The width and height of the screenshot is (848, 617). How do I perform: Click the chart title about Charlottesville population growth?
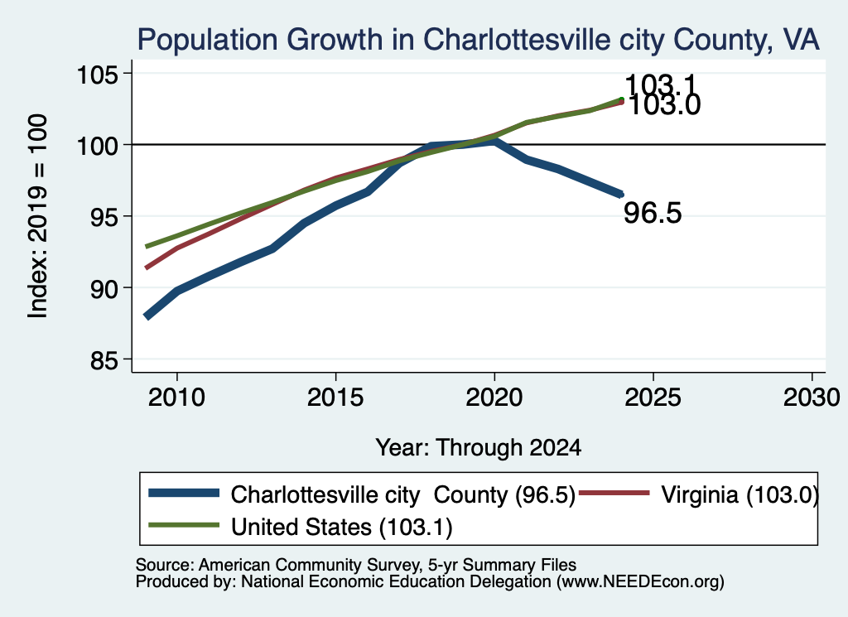pos(478,40)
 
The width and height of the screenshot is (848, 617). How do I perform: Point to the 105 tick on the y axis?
pos(98,74)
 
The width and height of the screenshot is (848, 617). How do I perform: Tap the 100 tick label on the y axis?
pos(98,146)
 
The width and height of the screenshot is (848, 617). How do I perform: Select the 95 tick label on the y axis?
pos(104,217)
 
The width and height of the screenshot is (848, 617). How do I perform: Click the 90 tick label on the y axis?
pos(104,289)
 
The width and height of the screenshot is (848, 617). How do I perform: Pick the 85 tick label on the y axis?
pos(104,360)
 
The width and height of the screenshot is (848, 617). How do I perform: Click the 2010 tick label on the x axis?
pos(177,398)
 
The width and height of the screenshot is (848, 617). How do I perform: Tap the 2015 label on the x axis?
pos(335,398)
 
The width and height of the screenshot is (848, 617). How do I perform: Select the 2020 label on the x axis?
pos(494,398)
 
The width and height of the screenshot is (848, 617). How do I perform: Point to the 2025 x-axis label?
pos(653,398)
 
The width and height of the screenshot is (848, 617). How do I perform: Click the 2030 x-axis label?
pos(812,398)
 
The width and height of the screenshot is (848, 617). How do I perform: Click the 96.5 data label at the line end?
pos(653,213)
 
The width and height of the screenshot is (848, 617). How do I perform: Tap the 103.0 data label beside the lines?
pos(664,105)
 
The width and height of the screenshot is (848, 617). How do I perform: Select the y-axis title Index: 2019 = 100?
pos(38,216)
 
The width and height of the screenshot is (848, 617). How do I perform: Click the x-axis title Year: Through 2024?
pos(478,448)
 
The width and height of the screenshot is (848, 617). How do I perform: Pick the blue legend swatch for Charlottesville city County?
pos(184,493)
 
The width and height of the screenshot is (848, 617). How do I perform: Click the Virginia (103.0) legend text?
pos(740,494)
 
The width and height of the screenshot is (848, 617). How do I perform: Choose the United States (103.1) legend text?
pos(342,528)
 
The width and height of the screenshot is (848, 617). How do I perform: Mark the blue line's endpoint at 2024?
pos(621,194)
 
